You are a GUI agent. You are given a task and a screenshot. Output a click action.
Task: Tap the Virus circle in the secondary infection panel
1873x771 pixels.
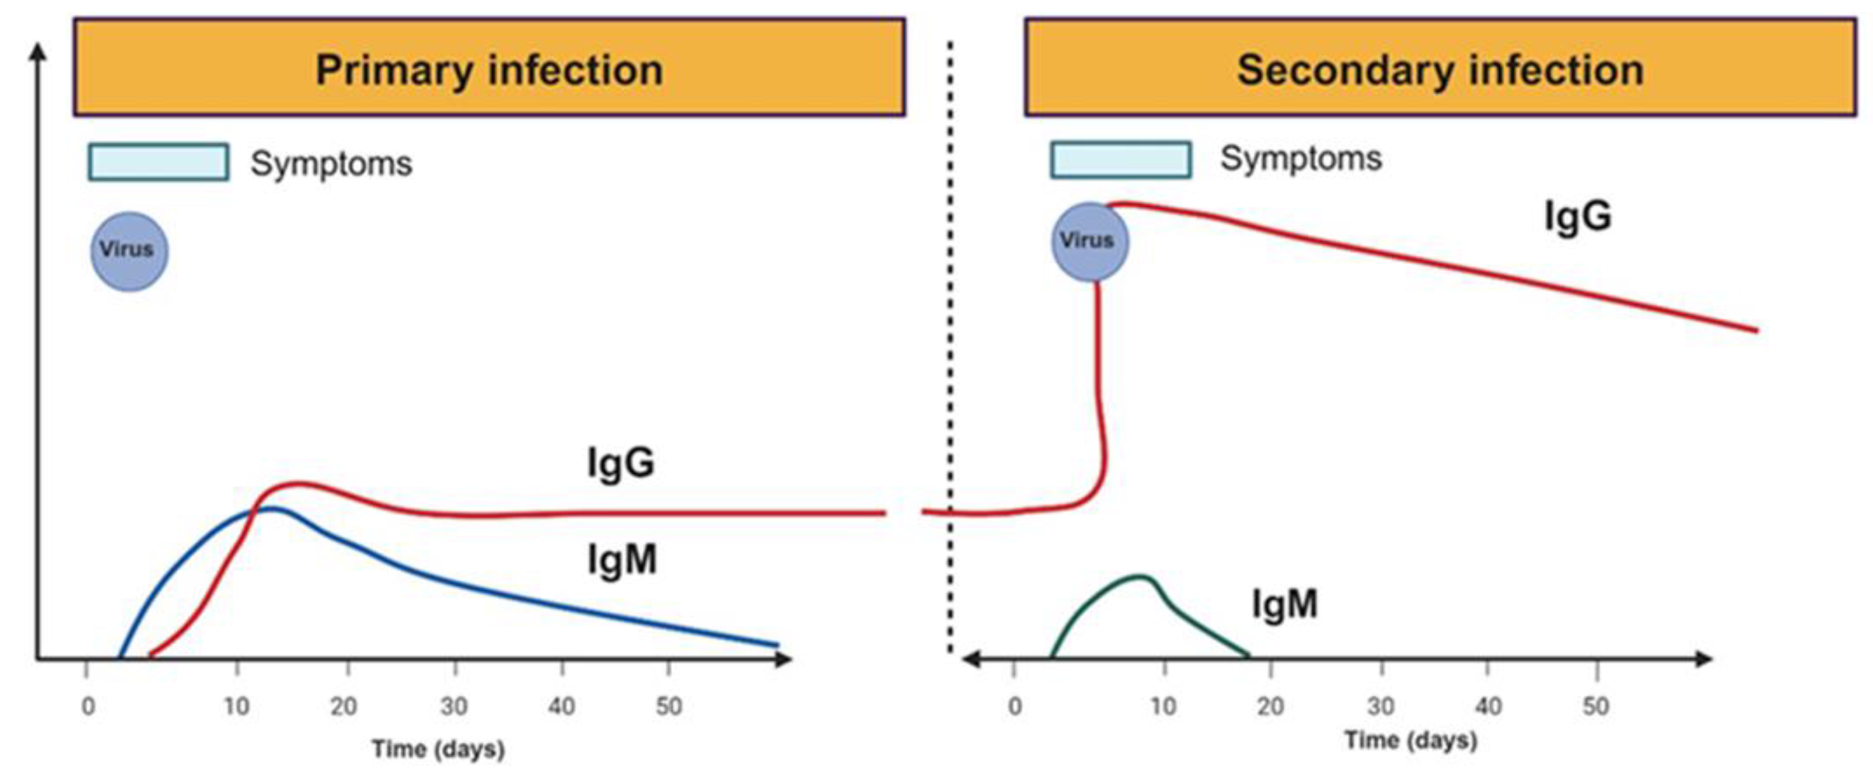[x=1089, y=242]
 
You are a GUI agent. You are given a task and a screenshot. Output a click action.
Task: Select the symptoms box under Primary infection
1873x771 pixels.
[x=158, y=161]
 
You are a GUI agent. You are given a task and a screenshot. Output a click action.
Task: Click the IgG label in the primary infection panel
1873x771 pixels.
[x=620, y=463]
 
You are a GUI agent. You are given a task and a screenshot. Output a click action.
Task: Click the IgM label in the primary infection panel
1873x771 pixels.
[x=622, y=560]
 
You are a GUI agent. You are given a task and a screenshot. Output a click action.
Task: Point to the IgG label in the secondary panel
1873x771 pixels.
[x=1577, y=216]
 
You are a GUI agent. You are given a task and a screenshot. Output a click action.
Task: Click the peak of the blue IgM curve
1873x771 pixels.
[x=270, y=508]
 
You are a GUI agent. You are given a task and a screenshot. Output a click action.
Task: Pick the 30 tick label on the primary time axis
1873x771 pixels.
[x=454, y=705]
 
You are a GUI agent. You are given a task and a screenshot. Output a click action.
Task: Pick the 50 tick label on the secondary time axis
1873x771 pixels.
[x=1595, y=705]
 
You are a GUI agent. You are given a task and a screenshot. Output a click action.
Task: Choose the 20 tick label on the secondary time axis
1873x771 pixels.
[x=1270, y=705]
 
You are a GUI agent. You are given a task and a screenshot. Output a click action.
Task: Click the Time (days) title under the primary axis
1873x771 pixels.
[x=438, y=749]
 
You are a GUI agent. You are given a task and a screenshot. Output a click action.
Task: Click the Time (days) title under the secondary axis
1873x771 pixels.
[x=1410, y=740]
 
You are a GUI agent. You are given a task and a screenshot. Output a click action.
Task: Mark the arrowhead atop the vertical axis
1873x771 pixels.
[x=38, y=51]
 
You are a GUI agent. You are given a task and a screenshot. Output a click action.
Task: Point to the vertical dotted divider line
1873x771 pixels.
[x=949, y=349]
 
